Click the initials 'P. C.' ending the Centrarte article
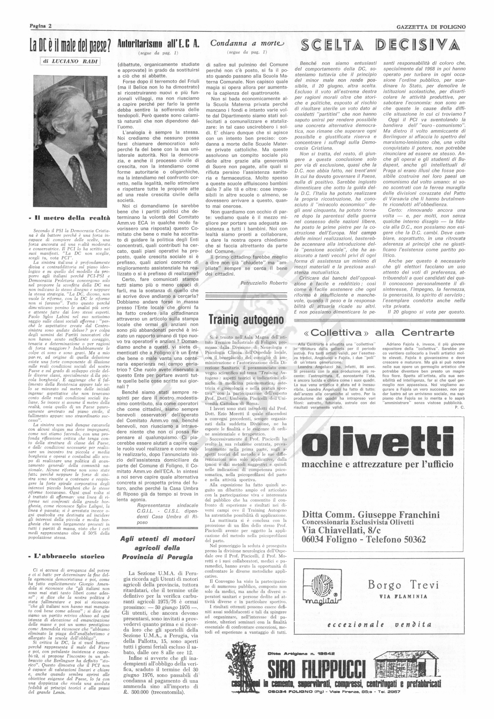(x=460, y=407)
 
